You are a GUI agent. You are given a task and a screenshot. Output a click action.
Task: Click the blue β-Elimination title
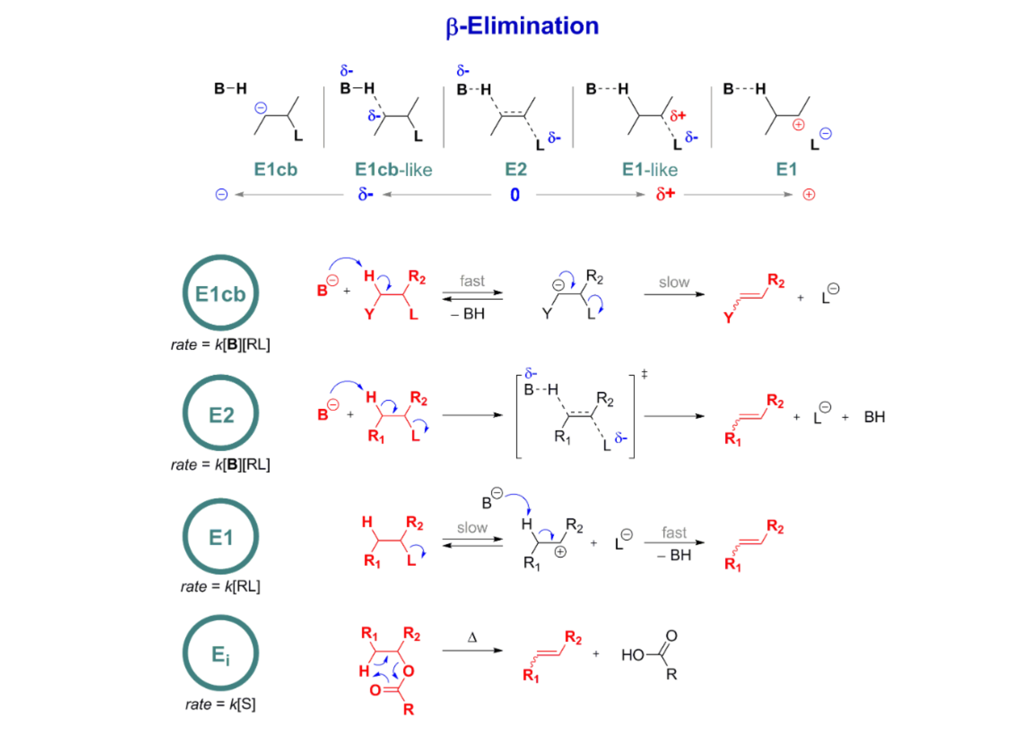tap(522, 26)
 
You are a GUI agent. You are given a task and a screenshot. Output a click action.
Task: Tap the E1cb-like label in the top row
tap(393, 170)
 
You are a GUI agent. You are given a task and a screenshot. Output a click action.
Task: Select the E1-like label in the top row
tap(649, 170)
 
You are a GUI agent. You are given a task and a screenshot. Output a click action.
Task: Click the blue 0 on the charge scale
tap(515, 195)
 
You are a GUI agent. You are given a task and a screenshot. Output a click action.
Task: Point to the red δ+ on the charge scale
tap(665, 194)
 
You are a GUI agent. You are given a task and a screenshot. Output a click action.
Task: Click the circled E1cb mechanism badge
tap(221, 293)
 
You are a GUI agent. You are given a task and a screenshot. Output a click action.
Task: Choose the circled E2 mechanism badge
tap(221, 413)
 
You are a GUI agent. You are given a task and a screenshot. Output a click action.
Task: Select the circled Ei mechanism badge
tap(221, 653)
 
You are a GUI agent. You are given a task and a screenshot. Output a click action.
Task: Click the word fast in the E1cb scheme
tap(472, 281)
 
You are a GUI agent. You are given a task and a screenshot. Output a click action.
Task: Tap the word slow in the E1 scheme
tap(472, 528)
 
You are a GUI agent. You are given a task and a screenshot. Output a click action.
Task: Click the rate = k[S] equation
tap(220, 704)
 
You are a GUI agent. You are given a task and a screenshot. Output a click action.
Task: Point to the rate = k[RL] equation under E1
tap(220, 586)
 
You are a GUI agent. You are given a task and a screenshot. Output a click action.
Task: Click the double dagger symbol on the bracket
tap(644, 374)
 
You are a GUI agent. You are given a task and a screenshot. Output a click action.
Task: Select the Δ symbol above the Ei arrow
tap(472, 637)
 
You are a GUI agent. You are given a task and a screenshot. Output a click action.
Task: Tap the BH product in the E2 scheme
tap(874, 417)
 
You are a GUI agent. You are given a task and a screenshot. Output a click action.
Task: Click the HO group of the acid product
tap(633, 655)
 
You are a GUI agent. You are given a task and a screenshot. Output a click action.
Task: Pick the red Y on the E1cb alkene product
tap(728, 318)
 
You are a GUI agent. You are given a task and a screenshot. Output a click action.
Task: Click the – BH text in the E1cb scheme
tap(468, 314)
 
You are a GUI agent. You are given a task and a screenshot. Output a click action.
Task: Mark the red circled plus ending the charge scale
tap(808, 195)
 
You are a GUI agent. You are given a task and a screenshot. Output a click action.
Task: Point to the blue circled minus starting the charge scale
tap(222, 195)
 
